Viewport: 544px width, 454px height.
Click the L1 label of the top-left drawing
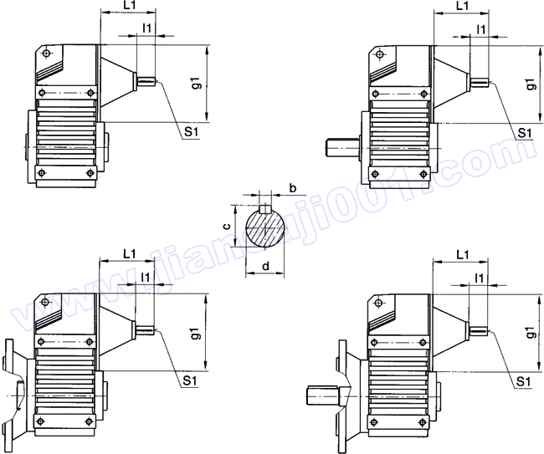coord(129,5)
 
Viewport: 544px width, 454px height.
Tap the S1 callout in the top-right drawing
coord(525,133)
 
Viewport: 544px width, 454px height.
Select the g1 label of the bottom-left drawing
coord(197,333)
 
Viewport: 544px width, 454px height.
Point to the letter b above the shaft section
coord(293,188)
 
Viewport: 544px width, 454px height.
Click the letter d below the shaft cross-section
coord(266,266)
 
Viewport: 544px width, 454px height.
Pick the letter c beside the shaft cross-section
coord(226,227)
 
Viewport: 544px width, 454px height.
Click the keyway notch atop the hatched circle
coord(265,209)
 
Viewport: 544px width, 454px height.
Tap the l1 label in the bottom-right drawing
coord(479,278)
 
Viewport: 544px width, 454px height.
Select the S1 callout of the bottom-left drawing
coord(189,381)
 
